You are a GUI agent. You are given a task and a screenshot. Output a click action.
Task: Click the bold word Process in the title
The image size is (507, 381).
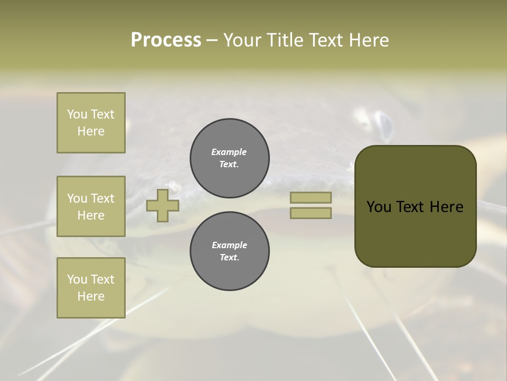pos(166,40)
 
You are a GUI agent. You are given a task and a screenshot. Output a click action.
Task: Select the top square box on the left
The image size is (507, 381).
pos(91,123)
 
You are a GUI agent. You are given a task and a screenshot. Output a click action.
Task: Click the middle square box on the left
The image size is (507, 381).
pos(91,206)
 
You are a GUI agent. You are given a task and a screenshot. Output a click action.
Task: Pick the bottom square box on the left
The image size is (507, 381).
pos(91,288)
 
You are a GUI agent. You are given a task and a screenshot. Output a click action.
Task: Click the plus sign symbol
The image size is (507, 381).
pos(163,205)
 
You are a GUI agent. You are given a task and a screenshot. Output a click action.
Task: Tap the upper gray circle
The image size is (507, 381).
pos(230,158)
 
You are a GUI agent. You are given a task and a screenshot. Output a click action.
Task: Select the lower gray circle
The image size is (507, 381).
pos(230,251)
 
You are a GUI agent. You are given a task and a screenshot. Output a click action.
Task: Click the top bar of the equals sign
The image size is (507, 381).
pos(311,197)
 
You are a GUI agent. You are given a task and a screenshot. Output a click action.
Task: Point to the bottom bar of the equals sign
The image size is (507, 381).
pos(311,213)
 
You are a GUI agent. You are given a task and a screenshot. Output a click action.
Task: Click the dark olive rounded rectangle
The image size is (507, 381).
pos(415,233)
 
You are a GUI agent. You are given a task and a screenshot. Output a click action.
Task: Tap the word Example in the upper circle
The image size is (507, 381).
pos(229,152)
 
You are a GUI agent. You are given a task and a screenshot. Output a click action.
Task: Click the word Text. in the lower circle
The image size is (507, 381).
pos(229,258)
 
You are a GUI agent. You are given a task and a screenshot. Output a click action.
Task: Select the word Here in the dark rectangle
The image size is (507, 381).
pos(446,207)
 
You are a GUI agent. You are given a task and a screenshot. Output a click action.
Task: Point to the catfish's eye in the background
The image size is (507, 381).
pos(384,125)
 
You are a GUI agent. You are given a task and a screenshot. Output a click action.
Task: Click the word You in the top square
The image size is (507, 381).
pos(77,114)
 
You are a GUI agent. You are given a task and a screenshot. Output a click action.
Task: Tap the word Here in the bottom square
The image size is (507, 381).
pos(91,296)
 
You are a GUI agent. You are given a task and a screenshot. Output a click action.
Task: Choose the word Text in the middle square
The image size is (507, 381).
pos(102,198)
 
